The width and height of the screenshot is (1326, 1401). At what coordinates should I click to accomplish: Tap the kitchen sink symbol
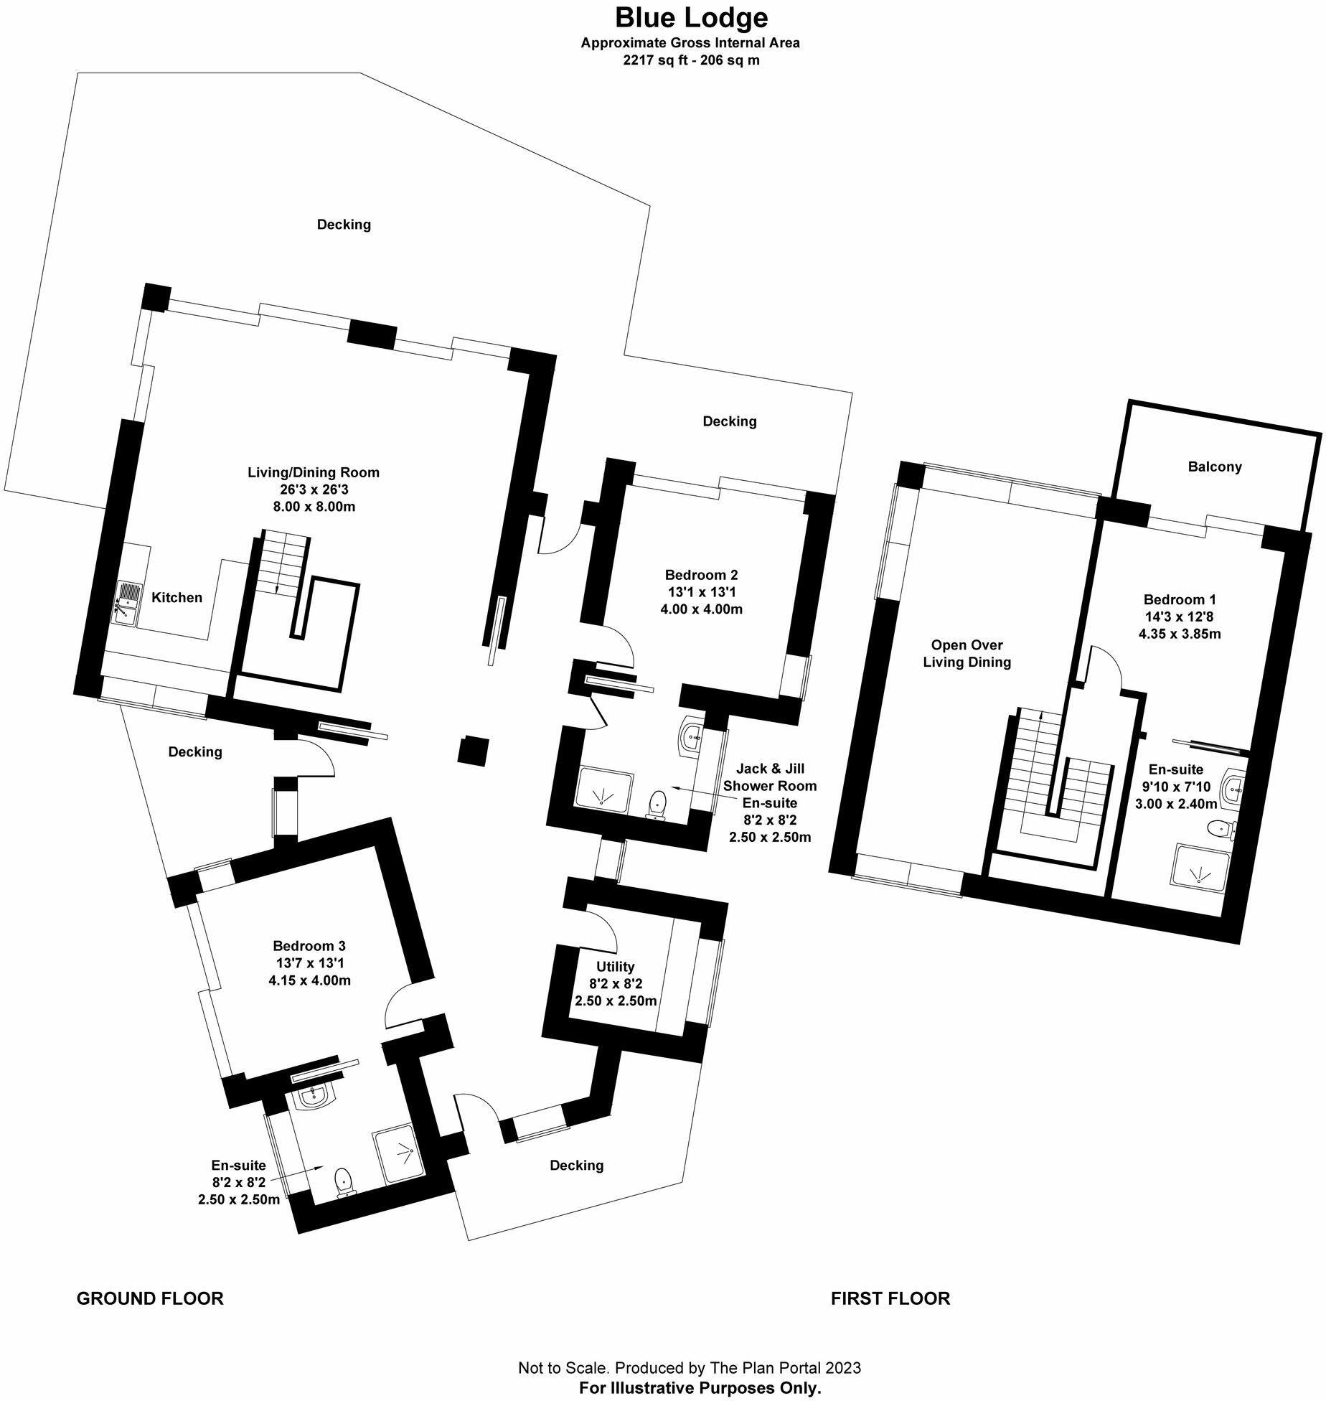coord(128,604)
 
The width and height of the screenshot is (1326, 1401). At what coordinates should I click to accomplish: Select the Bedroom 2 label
coord(700,575)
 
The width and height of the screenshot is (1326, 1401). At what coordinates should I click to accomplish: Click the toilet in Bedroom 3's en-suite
coord(344,1201)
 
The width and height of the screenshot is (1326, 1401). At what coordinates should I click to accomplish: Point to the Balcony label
coord(1214,467)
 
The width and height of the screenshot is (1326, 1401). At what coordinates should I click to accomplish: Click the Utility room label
coord(615,967)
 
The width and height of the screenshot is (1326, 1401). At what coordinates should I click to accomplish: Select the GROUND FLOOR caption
coord(150,1298)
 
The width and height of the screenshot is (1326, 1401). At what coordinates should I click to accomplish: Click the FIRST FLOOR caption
coord(890,1298)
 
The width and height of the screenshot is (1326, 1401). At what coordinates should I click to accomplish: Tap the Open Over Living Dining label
coord(967,653)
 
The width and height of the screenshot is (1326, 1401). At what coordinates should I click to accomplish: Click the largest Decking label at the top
coord(344,225)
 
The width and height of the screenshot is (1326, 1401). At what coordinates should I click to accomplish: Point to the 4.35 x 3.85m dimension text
coord(1179,634)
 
